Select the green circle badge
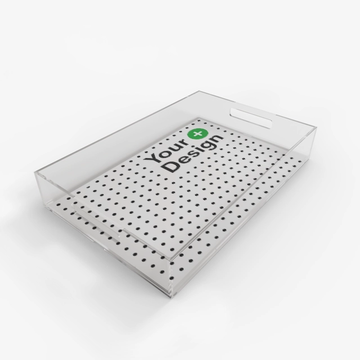(x=199, y=133)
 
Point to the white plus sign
(x=199, y=133)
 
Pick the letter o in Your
(x=163, y=151)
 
